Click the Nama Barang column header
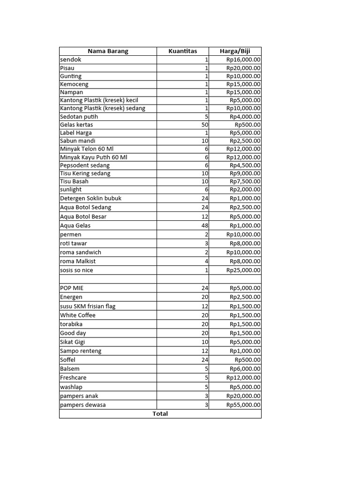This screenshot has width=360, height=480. point(108,51)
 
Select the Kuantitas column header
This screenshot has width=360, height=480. point(183,51)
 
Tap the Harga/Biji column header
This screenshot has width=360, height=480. point(235,51)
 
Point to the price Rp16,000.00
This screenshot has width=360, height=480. point(243,60)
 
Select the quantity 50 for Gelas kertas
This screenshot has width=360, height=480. point(204,125)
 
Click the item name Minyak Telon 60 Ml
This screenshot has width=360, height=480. point(87,149)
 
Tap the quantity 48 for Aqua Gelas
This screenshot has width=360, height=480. point(204,225)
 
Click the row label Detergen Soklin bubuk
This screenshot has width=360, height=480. point(90,198)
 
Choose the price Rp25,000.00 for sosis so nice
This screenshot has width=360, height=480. point(243,270)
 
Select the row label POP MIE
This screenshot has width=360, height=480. point(72,288)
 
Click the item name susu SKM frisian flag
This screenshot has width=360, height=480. point(88,306)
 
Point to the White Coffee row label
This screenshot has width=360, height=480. point(78,315)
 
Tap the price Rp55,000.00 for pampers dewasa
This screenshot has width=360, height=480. point(243,405)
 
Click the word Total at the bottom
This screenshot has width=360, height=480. point(160,414)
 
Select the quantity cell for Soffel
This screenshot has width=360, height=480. point(204,360)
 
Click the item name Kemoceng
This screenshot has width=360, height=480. point(74,84)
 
